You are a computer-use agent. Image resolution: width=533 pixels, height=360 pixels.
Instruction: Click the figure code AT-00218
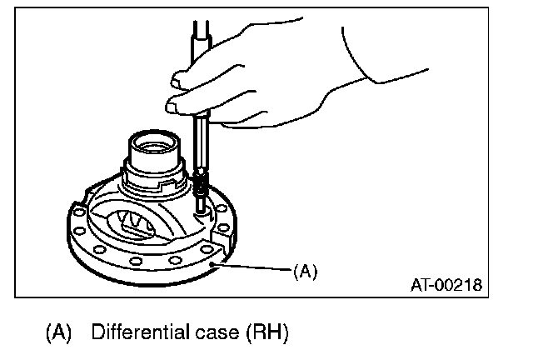pos(445,286)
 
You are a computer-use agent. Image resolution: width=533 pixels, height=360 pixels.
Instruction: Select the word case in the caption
pos(217,334)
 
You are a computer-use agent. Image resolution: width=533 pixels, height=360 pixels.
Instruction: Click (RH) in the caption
pos(266,334)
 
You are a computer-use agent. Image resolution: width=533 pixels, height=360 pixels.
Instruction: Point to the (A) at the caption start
pos(62,334)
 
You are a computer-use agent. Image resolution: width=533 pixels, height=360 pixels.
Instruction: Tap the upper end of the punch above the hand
pos(201,33)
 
